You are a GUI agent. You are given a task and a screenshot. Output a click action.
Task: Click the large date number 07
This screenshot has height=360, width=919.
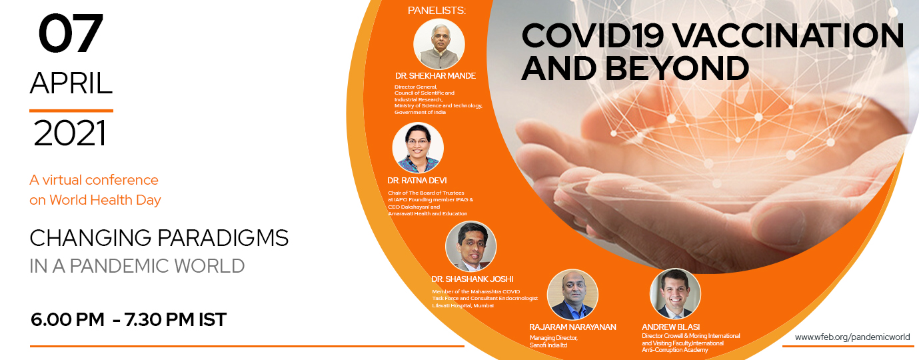[71, 33]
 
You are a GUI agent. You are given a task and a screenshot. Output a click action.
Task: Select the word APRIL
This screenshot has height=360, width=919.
[71, 83]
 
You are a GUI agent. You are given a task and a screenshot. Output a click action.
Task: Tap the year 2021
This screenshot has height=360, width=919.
[70, 133]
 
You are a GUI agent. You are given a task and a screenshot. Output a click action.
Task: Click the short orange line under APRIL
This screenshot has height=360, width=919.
[71, 111]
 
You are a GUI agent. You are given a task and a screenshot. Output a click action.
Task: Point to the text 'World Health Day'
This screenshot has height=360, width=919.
[105, 200]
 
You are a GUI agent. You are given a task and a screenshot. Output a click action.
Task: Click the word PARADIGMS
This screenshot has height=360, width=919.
[223, 238]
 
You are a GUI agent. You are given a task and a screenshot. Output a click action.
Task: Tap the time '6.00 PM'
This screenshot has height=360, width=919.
[67, 320]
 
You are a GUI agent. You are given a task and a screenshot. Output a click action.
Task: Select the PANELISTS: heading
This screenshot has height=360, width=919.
[437, 11]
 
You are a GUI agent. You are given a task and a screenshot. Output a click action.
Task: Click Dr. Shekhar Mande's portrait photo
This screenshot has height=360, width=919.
[439, 44]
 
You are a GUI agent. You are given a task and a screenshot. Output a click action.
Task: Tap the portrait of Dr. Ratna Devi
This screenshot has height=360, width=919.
[418, 148]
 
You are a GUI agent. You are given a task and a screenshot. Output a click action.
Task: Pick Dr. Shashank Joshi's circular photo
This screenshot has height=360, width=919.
[471, 246]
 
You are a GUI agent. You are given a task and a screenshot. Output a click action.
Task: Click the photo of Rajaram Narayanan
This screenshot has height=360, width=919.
[572, 295]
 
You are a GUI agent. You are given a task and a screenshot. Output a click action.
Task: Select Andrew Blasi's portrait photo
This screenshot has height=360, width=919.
[675, 294]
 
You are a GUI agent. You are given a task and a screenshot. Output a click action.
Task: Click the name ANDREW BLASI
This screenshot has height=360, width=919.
[671, 327]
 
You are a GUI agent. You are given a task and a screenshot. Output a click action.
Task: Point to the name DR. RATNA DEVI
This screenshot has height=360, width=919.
[417, 181]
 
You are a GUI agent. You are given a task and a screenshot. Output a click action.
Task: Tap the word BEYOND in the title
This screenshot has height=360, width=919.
[677, 68]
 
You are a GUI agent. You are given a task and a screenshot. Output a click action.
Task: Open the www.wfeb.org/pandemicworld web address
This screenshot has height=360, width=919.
[852, 337]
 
